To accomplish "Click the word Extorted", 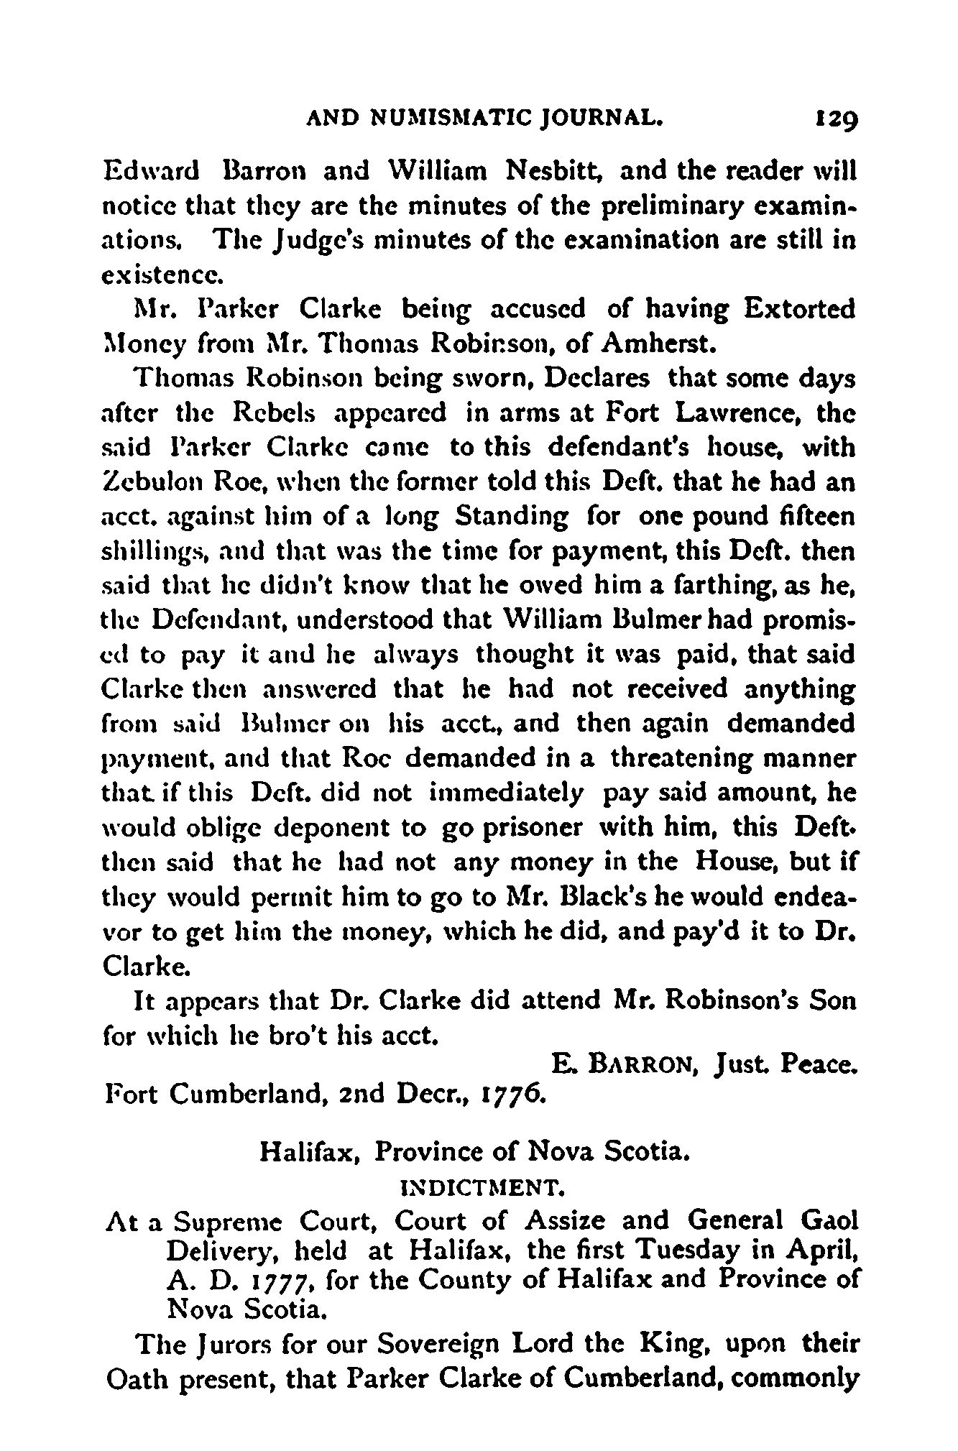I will coord(799,310).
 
